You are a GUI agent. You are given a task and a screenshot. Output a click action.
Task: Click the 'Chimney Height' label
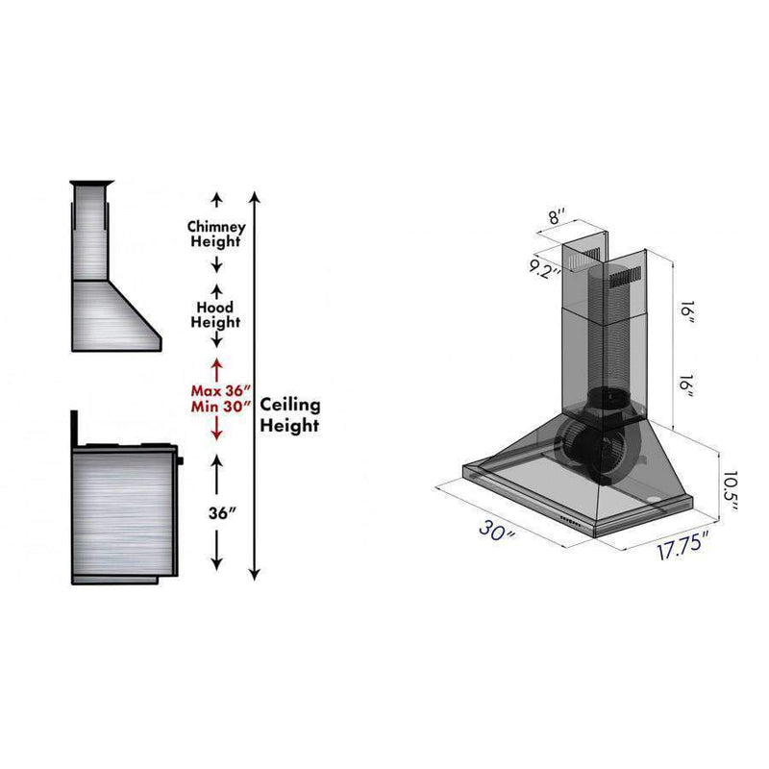pos(216,234)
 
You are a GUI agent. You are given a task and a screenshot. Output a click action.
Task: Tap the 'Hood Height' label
pos(215,315)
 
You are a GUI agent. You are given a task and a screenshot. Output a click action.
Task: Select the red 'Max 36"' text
pos(221,391)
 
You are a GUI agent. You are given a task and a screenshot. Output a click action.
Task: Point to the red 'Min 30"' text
pos(221,407)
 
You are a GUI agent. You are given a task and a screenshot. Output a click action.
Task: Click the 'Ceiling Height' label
pos(290,415)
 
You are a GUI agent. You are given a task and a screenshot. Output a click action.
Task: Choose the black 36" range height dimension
pos(223,513)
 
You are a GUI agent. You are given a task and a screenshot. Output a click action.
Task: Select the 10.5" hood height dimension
pos(730,491)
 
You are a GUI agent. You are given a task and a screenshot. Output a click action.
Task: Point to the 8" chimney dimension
pos(557,215)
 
